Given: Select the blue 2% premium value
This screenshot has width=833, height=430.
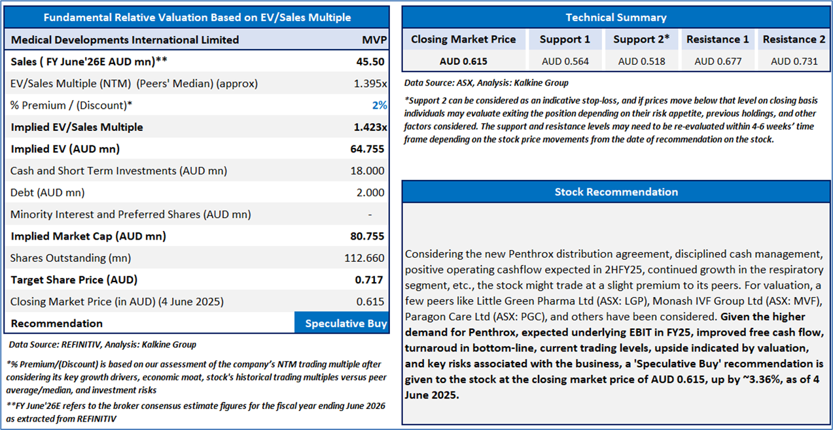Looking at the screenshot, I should pyautogui.click(x=379, y=105).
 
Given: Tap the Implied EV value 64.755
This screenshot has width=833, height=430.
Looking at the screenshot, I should pyautogui.click(x=367, y=149).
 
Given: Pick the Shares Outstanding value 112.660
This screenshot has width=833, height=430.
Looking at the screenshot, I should pyautogui.click(x=364, y=258).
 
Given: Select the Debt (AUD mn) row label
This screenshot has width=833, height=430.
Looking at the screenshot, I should pyautogui.click(x=47, y=192).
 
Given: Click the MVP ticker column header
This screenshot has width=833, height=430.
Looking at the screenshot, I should pyautogui.click(x=374, y=40).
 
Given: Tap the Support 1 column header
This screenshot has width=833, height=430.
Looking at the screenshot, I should pyautogui.click(x=565, y=39).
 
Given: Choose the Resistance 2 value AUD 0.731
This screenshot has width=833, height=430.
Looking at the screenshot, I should pyautogui.click(x=794, y=62).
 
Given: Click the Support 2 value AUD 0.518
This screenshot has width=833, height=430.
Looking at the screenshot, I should pyautogui.click(x=641, y=62).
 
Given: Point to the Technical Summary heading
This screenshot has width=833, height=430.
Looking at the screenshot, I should pyautogui.click(x=616, y=18).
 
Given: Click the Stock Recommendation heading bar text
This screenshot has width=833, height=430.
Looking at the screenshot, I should pyautogui.click(x=616, y=192).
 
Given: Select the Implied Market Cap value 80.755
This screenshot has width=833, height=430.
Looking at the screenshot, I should pyautogui.click(x=367, y=236).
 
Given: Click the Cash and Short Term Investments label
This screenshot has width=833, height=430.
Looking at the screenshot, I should pyautogui.click(x=118, y=171).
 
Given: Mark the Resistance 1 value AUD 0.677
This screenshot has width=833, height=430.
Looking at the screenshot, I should pyautogui.click(x=718, y=62).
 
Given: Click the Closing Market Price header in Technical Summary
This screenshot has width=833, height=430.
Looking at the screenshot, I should pyautogui.click(x=463, y=39).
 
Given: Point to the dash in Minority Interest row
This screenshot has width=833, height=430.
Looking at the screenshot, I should pyautogui.click(x=370, y=215).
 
